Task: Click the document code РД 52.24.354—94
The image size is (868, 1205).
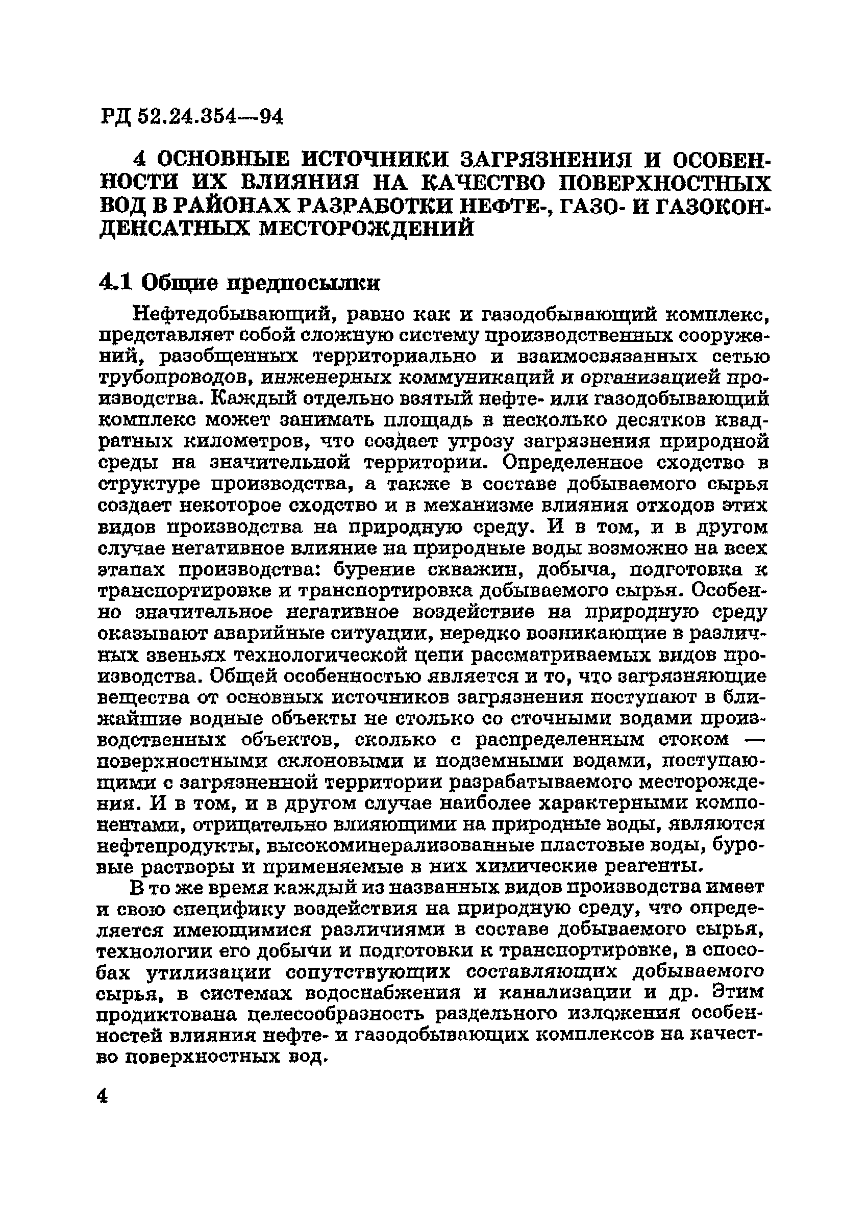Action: [x=191, y=116]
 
